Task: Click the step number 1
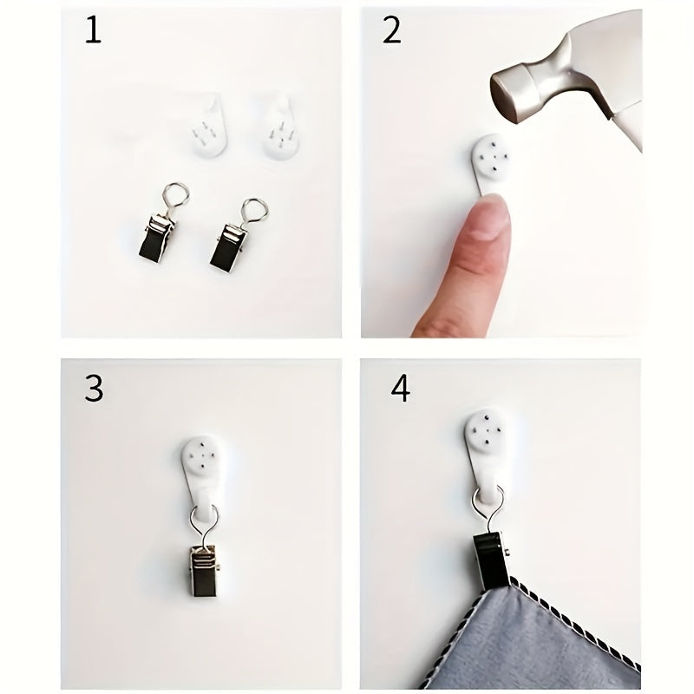coord(93,30)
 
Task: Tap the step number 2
coord(392,30)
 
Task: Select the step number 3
coord(94,389)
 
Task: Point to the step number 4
coord(400,389)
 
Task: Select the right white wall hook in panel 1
coord(282,128)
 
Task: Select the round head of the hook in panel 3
coord(202,454)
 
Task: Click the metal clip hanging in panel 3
coord(204,570)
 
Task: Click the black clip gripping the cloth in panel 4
coord(491,561)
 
